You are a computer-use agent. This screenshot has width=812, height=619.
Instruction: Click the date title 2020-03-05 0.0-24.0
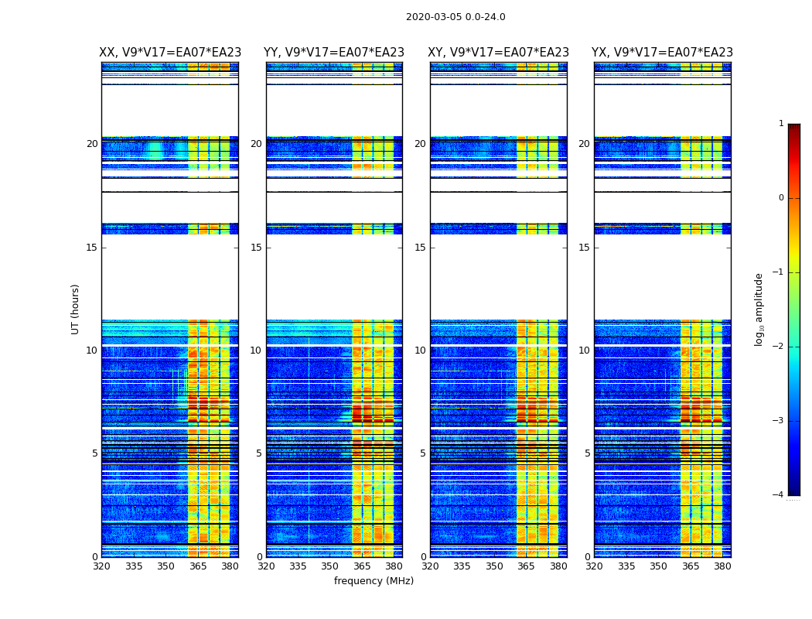tap(455, 17)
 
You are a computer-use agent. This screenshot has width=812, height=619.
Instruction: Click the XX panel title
tap(169, 53)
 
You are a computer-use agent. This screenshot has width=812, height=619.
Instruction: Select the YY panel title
tap(334, 53)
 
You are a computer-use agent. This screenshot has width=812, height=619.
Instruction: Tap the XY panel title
tap(499, 53)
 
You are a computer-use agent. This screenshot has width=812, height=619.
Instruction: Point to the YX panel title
tap(662, 53)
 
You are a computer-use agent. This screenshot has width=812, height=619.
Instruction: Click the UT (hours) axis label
tap(76, 309)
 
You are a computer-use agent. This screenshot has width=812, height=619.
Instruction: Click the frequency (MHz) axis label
tap(374, 581)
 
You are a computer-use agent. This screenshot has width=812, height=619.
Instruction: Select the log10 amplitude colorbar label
tap(759, 309)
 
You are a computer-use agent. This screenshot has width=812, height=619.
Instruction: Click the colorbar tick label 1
tap(781, 124)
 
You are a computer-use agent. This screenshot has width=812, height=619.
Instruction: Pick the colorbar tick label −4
tap(779, 495)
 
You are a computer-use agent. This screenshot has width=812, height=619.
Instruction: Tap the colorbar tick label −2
tap(779, 347)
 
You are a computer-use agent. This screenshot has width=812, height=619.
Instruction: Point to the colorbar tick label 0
tap(781, 198)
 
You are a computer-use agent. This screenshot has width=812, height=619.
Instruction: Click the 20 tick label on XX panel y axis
tap(92, 144)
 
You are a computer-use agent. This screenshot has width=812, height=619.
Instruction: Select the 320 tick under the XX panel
tap(102, 566)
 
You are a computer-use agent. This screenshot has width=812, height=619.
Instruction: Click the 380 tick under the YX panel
tap(722, 566)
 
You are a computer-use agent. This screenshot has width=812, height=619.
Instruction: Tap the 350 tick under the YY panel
tap(330, 566)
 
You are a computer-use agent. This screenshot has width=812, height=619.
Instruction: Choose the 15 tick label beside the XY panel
tap(420, 248)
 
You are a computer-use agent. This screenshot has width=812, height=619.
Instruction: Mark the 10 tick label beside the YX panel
tap(584, 351)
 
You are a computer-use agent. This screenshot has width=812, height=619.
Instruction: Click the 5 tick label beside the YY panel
tap(259, 453)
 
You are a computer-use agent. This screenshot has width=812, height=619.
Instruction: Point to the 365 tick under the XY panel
tap(526, 566)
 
